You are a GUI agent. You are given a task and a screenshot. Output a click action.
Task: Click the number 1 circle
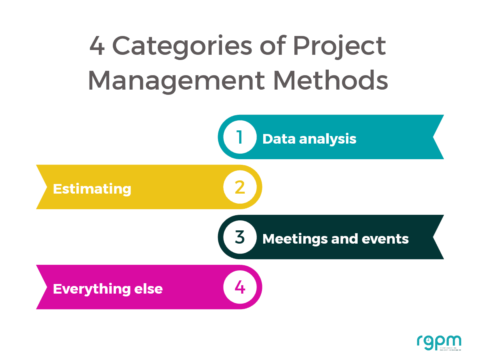click(240, 137)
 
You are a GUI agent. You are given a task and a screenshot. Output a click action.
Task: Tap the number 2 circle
click(240, 187)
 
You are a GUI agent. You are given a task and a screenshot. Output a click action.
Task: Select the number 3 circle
click(240, 237)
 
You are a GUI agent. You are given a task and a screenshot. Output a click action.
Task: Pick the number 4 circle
click(240, 287)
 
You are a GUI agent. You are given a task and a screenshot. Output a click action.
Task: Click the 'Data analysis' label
click(309, 139)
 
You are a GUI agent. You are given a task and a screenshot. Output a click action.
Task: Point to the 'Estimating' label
click(92, 189)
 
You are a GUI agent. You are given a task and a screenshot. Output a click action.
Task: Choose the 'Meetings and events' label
click(335, 239)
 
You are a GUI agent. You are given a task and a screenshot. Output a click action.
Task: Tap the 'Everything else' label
click(108, 289)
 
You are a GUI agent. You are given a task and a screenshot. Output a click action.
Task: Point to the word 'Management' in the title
click(176, 81)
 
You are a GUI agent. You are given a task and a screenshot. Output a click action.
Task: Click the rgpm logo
click(438, 342)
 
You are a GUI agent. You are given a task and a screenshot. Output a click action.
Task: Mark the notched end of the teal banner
click(438, 137)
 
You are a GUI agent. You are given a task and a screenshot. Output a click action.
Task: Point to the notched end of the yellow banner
click(42, 187)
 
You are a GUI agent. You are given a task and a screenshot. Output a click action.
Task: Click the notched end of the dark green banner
click(438, 237)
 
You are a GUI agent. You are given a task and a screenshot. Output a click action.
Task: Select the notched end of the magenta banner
click(42, 287)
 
